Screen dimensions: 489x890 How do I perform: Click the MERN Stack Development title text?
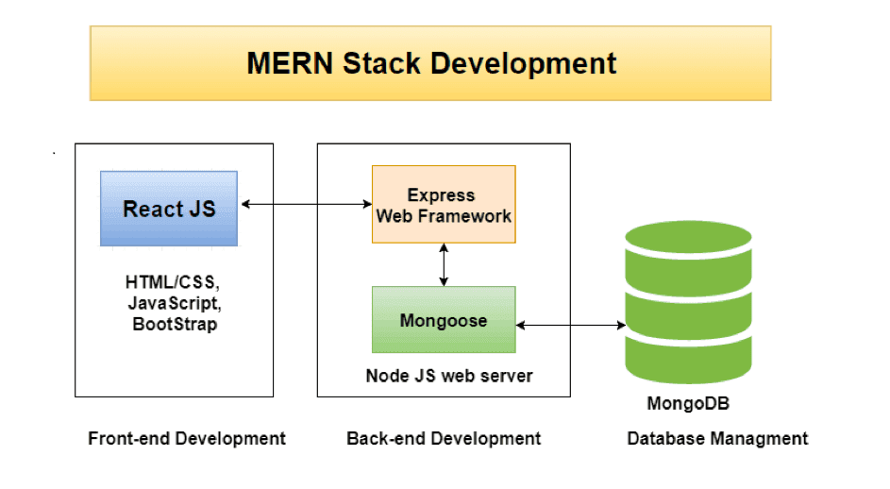(x=430, y=63)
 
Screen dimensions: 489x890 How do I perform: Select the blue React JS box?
(x=169, y=208)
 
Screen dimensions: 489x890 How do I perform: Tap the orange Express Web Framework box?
(x=444, y=205)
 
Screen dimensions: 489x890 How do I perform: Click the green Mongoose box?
(x=444, y=321)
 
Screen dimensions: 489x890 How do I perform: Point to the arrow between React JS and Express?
(x=305, y=204)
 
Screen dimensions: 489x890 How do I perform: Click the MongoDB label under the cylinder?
(x=688, y=404)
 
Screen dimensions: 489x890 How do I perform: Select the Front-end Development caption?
(x=187, y=438)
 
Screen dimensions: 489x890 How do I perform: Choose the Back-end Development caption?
(x=444, y=438)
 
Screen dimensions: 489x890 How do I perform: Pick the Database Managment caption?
(x=717, y=438)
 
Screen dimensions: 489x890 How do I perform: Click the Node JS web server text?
(x=449, y=376)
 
